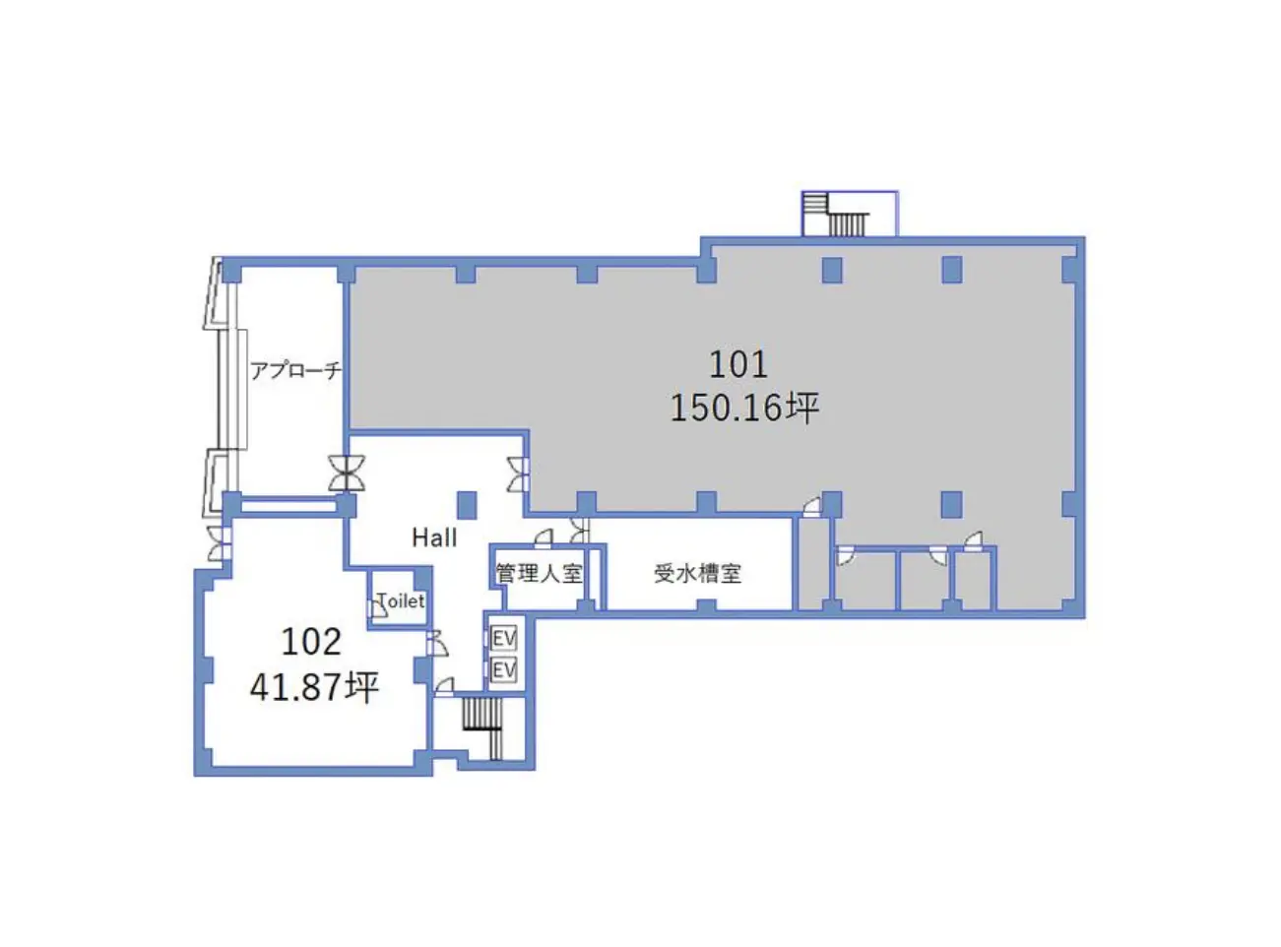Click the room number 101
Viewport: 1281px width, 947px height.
tap(737, 364)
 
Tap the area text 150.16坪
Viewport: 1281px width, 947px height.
tap(744, 408)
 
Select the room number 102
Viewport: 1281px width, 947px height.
tap(311, 642)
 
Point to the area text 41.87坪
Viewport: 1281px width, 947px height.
tap(314, 687)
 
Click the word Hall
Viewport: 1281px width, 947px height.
tap(434, 538)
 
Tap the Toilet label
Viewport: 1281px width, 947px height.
tap(402, 601)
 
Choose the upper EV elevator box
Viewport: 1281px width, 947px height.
tap(503, 639)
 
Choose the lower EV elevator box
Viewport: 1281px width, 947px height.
tap(503, 669)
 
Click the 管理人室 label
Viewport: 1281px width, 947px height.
tap(540, 573)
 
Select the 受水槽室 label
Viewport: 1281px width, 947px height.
tap(698, 573)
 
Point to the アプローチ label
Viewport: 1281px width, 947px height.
tap(296, 370)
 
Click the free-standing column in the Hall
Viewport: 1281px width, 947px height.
tap(467, 505)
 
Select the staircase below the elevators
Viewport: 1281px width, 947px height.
tap(482, 728)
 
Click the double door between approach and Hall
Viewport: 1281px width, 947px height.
tap(347, 473)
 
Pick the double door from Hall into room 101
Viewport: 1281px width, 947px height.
tap(518, 474)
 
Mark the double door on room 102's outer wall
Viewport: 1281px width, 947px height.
tap(218, 543)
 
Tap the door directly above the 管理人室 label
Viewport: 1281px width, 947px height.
tap(544, 537)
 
